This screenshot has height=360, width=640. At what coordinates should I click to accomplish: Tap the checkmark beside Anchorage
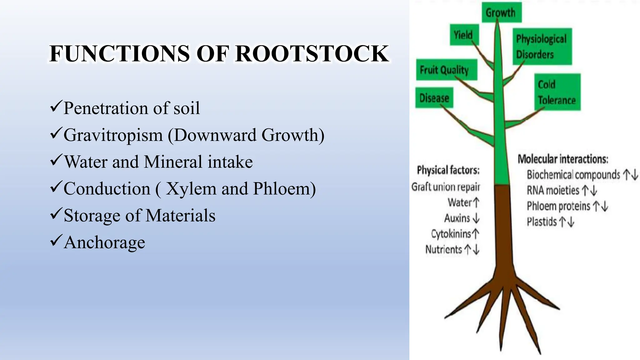point(56,241)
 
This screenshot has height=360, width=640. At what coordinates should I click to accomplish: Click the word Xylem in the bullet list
point(191,189)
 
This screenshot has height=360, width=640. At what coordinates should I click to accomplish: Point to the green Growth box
point(501,12)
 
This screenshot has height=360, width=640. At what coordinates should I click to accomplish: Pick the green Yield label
point(464,35)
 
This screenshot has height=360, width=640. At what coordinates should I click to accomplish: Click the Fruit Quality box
point(446,70)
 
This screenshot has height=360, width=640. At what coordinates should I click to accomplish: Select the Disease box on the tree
point(434,98)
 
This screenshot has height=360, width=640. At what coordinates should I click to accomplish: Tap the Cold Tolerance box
point(557,92)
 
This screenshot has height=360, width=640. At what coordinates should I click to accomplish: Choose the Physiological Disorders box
point(542,46)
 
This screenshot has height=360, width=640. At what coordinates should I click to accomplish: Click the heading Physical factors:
point(448,170)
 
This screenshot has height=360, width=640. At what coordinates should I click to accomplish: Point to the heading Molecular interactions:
point(563,159)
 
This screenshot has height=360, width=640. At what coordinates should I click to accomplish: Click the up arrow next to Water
point(476,202)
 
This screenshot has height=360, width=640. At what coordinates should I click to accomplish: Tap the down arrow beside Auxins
point(476,218)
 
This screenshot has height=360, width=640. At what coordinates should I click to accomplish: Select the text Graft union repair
point(446,187)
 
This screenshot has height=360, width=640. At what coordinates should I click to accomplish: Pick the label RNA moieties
point(553,190)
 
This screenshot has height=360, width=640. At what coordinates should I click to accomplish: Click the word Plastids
point(542,222)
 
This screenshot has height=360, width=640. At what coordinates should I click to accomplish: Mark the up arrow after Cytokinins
point(476,234)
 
